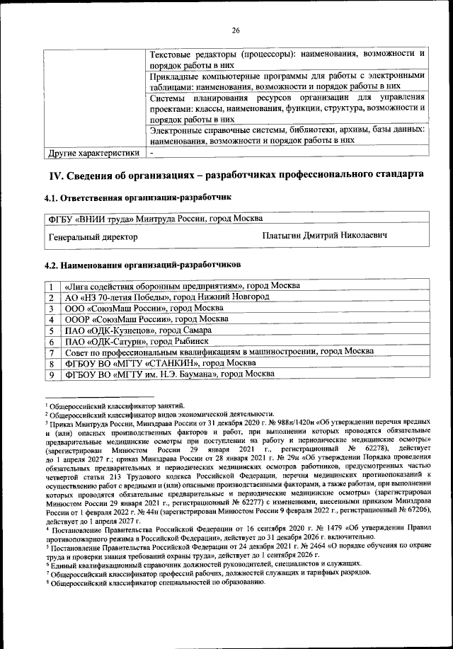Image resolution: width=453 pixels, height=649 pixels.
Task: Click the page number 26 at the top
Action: click(236, 30)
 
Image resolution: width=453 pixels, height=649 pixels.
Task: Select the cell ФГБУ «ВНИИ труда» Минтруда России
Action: click(155, 218)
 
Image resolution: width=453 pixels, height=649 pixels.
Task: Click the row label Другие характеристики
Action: click(93, 152)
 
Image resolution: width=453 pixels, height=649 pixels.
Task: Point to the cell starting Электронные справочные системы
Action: click(287, 134)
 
